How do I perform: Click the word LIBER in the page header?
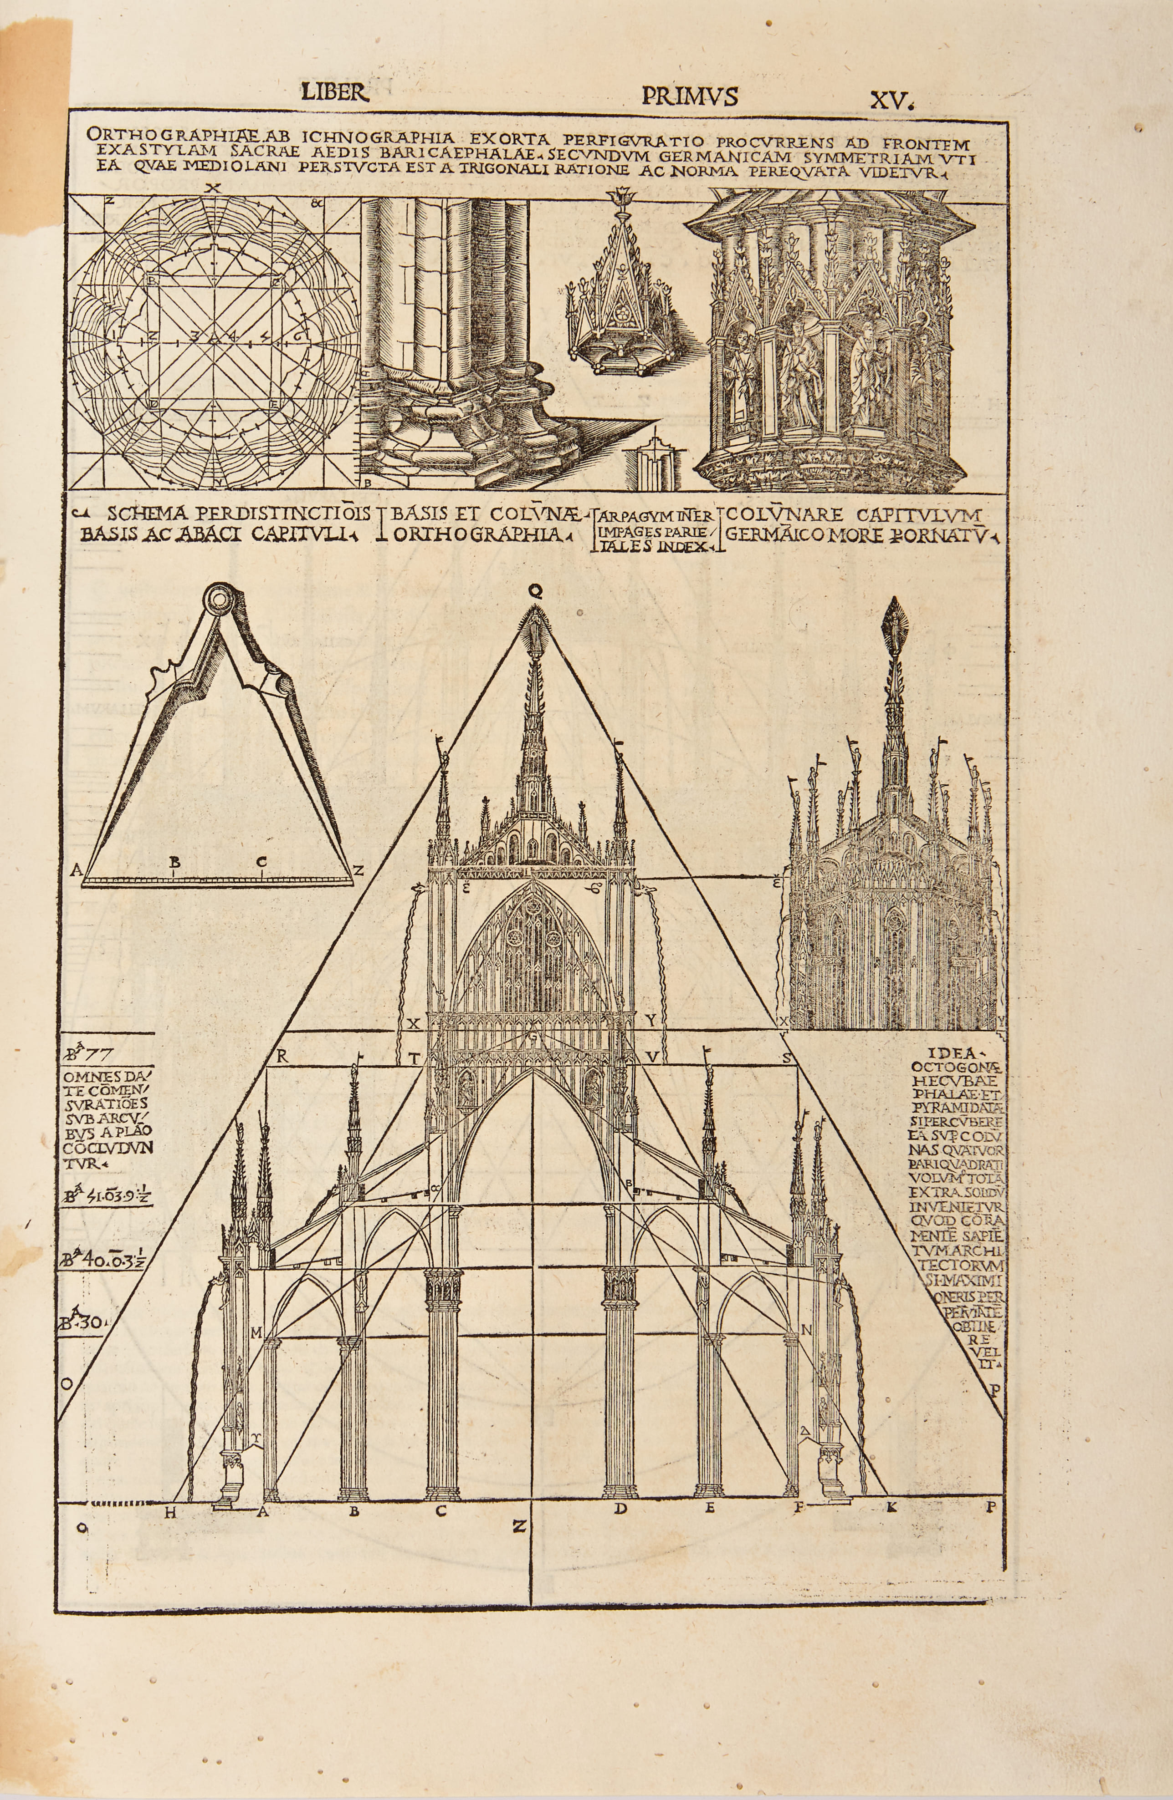tap(334, 92)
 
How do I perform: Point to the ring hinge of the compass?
tap(220, 598)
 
